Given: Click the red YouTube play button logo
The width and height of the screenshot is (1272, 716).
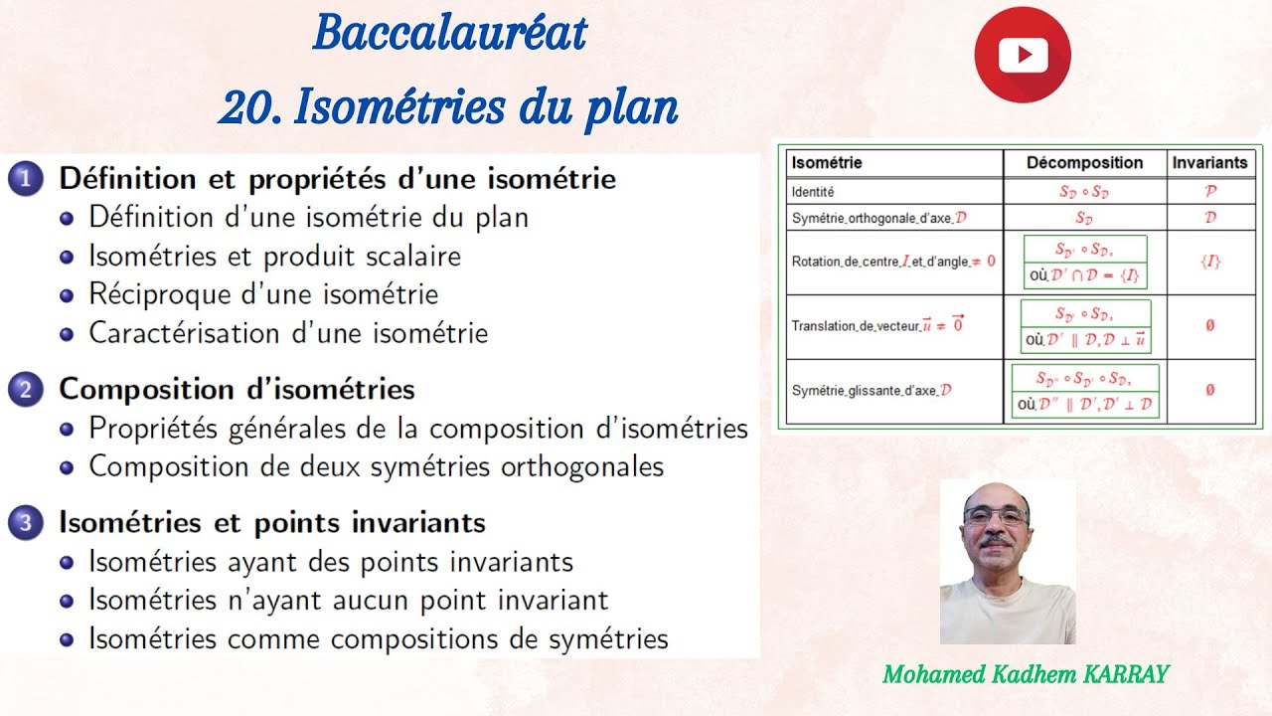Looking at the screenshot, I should tap(1023, 55).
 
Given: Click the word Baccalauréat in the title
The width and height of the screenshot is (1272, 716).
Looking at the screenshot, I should tap(449, 35).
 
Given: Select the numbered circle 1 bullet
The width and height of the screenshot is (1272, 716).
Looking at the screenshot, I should tap(25, 180).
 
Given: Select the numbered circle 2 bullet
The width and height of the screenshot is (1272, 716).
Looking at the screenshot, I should tap(25, 390).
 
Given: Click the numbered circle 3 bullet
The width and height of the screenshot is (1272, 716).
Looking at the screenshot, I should tap(25, 523).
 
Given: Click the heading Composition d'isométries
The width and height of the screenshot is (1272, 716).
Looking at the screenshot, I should tap(237, 389).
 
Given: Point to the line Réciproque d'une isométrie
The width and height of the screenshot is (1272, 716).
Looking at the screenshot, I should tap(263, 294).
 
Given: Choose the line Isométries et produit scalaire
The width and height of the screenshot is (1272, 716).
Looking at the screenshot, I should tap(275, 256).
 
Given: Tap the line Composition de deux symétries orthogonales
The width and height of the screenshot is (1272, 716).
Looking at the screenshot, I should tap(376, 466).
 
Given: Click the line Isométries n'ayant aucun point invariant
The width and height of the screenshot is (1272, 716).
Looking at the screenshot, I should tap(348, 601).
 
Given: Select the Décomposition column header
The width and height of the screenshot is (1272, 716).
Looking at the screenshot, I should tap(1084, 162).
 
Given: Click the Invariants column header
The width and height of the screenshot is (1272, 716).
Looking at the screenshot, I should tap(1209, 162).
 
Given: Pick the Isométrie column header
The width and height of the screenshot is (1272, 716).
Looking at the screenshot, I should tap(827, 162).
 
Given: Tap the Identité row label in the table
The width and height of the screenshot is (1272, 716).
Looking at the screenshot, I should tap(813, 191).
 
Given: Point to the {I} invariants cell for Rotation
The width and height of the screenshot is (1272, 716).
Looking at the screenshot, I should tap(1209, 262).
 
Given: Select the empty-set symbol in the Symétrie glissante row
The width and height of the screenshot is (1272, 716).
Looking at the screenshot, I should tap(1209, 390).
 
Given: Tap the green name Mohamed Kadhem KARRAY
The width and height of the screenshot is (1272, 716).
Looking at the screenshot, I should tap(1026, 674).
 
